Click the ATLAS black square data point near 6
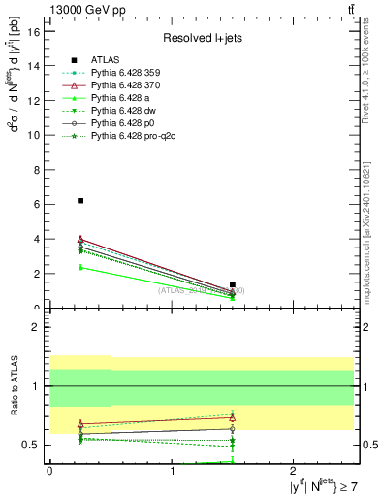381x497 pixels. [80, 200]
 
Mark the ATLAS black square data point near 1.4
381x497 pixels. [233, 284]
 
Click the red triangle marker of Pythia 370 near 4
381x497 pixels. [80, 239]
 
